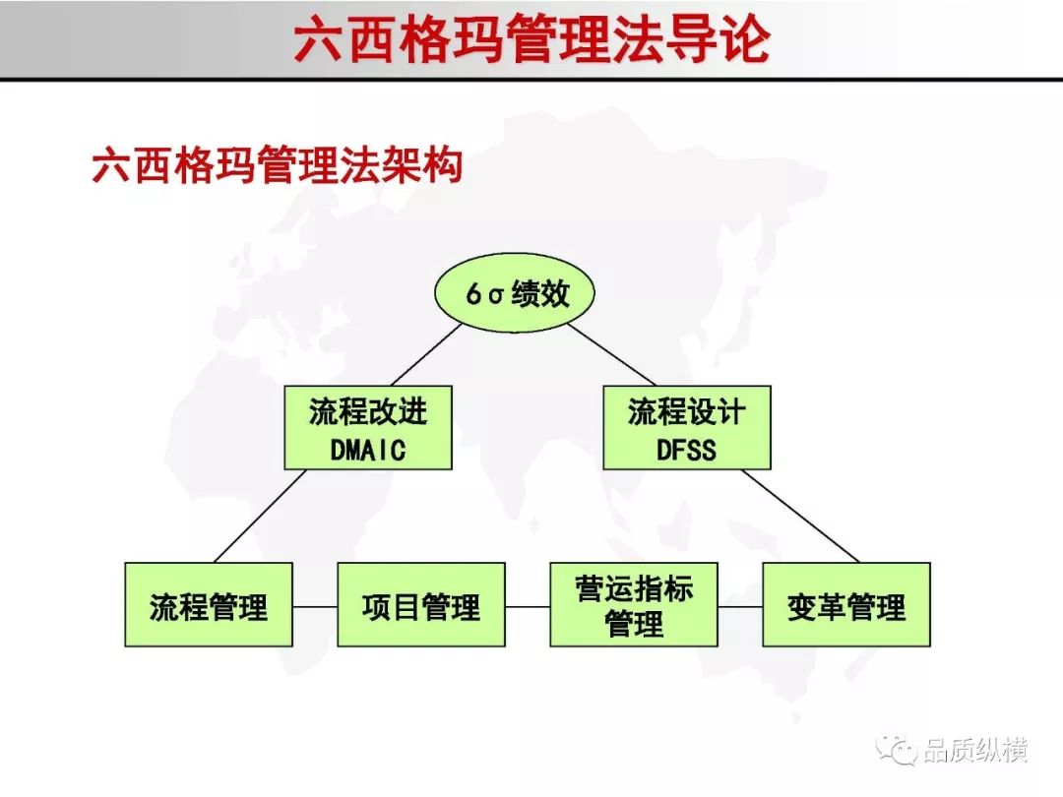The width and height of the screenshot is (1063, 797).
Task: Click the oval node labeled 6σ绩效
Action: click(x=514, y=293)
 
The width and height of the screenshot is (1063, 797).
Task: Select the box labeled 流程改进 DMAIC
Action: click(x=368, y=428)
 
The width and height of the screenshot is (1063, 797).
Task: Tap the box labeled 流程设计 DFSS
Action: click(x=687, y=428)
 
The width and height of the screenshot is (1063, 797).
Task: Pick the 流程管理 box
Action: click(x=209, y=604)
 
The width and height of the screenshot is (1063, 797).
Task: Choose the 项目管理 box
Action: click(x=421, y=604)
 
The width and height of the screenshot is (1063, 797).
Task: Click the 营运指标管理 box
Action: click(x=634, y=604)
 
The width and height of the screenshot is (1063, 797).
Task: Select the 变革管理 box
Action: click(x=846, y=604)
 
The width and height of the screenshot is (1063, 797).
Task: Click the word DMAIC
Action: click(x=368, y=450)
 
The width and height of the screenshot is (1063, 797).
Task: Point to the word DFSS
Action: click(x=686, y=450)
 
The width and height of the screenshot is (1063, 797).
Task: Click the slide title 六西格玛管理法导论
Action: click(x=532, y=39)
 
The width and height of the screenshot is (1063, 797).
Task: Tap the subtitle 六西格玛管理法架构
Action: click(x=278, y=164)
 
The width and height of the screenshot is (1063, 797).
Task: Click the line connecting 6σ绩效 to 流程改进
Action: click(x=426, y=354)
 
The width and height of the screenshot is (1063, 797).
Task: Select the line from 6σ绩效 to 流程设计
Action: click(x=611, y=354)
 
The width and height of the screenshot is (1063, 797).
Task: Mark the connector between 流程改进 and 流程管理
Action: click(x=260, y=516)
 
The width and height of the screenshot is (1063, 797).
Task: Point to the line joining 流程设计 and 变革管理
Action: click(x=800, y=516)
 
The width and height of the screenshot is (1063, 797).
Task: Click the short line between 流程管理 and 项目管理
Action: click(x=315, y=606)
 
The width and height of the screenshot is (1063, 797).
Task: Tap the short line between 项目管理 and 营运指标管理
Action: click(x=528, y=606)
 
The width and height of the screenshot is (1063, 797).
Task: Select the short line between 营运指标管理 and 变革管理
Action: click(x=740, y=606)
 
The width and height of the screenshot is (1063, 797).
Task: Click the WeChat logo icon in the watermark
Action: click(x=897, y=749)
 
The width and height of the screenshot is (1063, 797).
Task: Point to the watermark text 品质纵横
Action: click(x=974, y=750)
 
